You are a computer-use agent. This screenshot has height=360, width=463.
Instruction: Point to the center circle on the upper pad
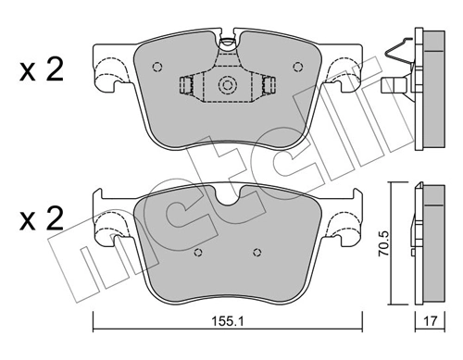[x=227, y=88]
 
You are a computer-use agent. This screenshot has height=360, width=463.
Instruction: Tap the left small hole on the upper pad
[x=156, y=66]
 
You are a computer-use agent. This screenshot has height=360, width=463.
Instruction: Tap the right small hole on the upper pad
[x=296, y=66]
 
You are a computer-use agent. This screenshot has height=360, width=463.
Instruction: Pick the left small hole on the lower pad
[x=196, y=253]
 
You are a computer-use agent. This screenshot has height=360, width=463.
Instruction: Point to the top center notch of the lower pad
[x=227, y=196]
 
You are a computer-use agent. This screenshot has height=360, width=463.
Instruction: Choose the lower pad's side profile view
[x=429, y=242]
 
